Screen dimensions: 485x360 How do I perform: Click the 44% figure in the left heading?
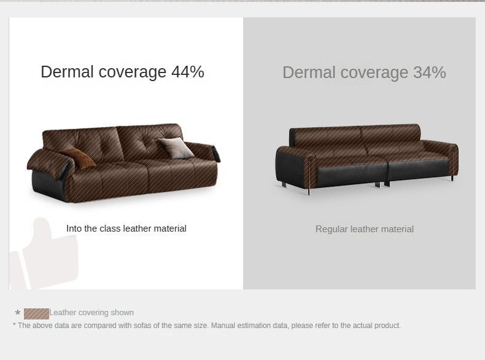tap(188, 72)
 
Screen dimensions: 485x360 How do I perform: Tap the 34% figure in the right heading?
tap(430, 72)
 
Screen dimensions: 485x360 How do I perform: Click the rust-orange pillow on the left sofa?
tap(78, 158)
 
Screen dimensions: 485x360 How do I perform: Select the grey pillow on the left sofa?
tap(175, 147)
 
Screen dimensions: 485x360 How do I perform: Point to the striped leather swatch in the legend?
tap(36, 313)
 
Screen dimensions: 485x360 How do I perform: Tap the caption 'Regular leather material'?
tap(365, 229)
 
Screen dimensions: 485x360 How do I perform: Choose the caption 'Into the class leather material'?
tap(126, 229)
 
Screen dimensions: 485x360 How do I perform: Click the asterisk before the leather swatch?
tap(17, 313)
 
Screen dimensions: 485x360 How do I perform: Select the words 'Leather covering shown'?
tap(91, 312)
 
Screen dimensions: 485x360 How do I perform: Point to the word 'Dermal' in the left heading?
tap(67, 72)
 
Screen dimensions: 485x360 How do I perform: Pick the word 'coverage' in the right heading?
tap(374, 73)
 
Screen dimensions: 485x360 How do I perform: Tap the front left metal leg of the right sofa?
tap(309, 190)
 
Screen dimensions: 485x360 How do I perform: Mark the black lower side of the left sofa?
tap(48, 184)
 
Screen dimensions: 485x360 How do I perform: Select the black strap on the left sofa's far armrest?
tap(216, 154)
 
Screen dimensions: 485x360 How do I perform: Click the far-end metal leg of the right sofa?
tap(452, 178)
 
